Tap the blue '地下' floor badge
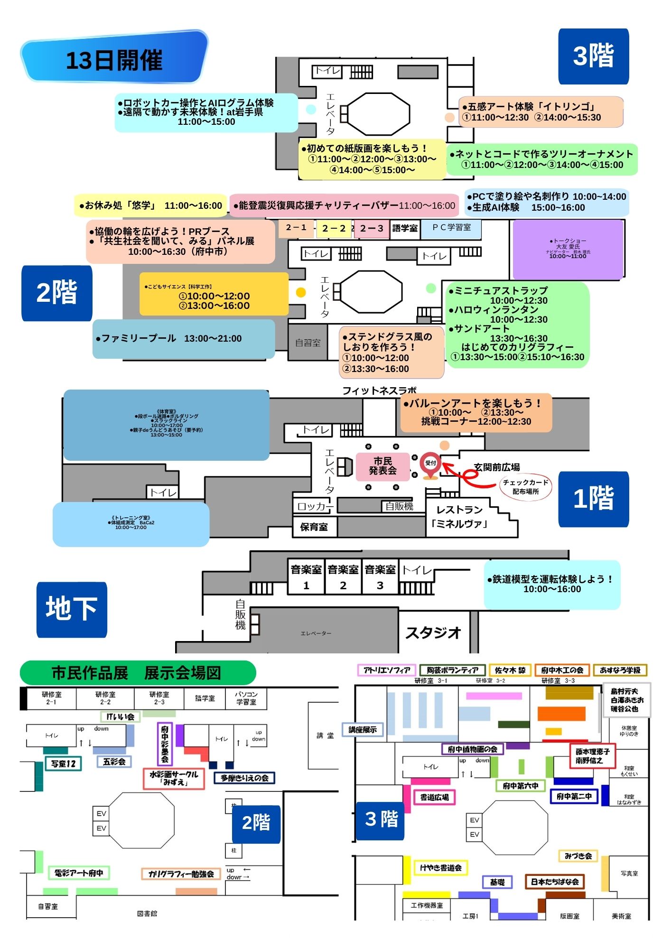72,609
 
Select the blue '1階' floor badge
593,499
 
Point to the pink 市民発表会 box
382,466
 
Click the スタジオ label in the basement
433,632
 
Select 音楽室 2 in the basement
343,577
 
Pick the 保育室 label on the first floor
314,527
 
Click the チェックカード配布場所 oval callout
526,486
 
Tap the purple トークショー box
568,249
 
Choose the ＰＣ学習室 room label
451,228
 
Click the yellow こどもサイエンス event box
214,294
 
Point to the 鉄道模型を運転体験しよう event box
552,584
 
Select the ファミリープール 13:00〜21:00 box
184,338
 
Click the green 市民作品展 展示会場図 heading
138,673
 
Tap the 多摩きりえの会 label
244,778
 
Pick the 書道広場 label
434,797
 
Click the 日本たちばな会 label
554,882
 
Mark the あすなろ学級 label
620,670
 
